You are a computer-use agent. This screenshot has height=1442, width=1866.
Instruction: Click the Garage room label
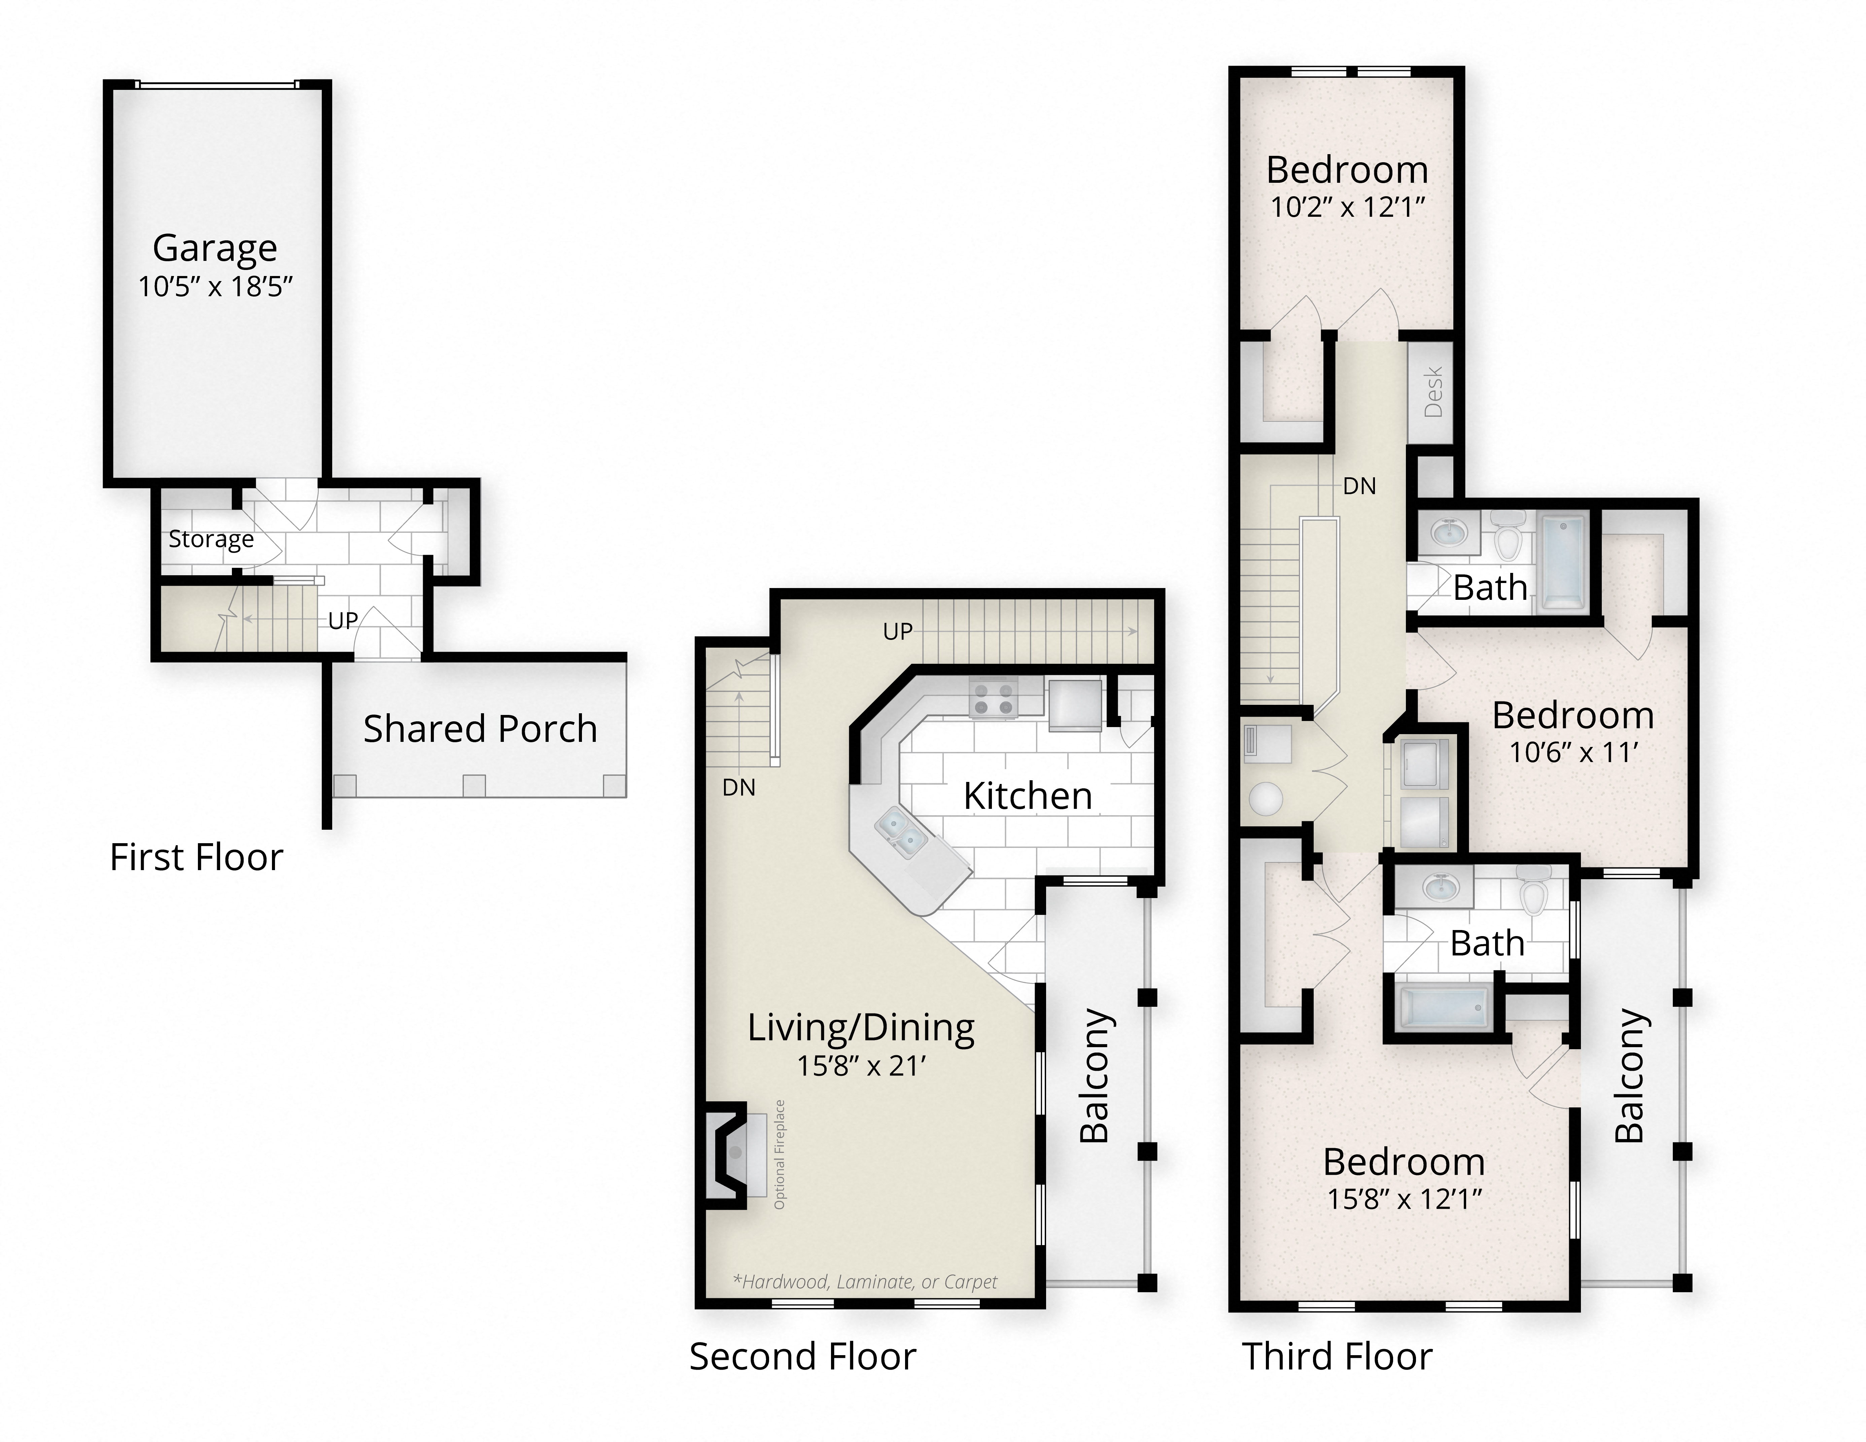click(214, 249)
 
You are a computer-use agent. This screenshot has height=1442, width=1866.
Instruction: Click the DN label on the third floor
click(1359, 486)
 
